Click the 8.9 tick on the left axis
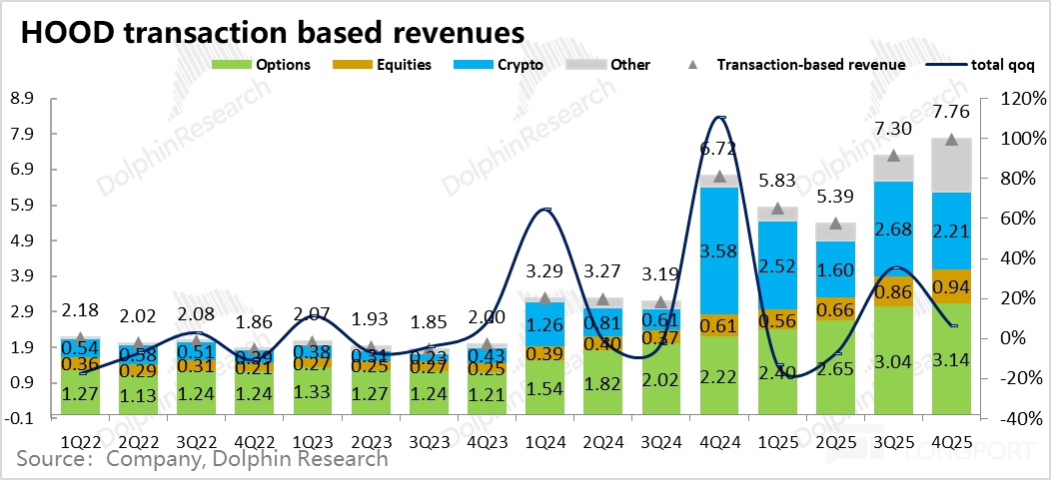coord(21,99)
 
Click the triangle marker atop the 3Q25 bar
coord(893,156)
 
